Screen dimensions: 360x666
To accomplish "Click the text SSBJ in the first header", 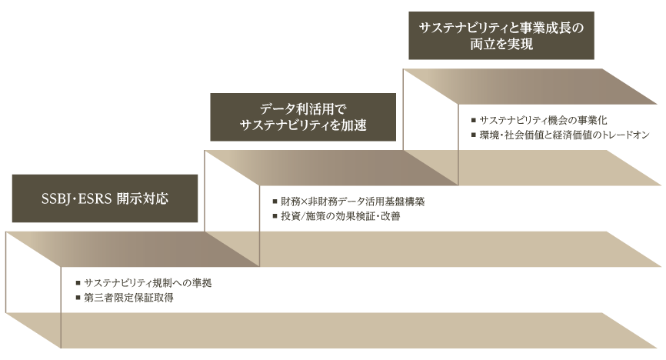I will (56, 198).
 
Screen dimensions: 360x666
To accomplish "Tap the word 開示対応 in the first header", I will (142, 198).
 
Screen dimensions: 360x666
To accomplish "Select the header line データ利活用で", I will (304, 110).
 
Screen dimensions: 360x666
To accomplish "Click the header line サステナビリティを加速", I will (304, 125).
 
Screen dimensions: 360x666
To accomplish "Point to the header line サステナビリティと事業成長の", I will (502, 29).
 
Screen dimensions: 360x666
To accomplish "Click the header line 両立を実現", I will (502, 45).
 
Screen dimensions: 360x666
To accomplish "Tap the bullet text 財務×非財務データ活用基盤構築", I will (353, 202).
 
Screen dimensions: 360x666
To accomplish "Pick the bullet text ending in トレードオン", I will (564, 135).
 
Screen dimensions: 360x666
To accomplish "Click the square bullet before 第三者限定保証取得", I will (78, 297).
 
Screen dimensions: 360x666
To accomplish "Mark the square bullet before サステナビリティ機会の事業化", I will (472, 121).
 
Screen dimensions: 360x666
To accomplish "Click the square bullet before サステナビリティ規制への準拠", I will (78, 283).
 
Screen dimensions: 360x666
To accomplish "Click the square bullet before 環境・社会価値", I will (472, 135).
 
